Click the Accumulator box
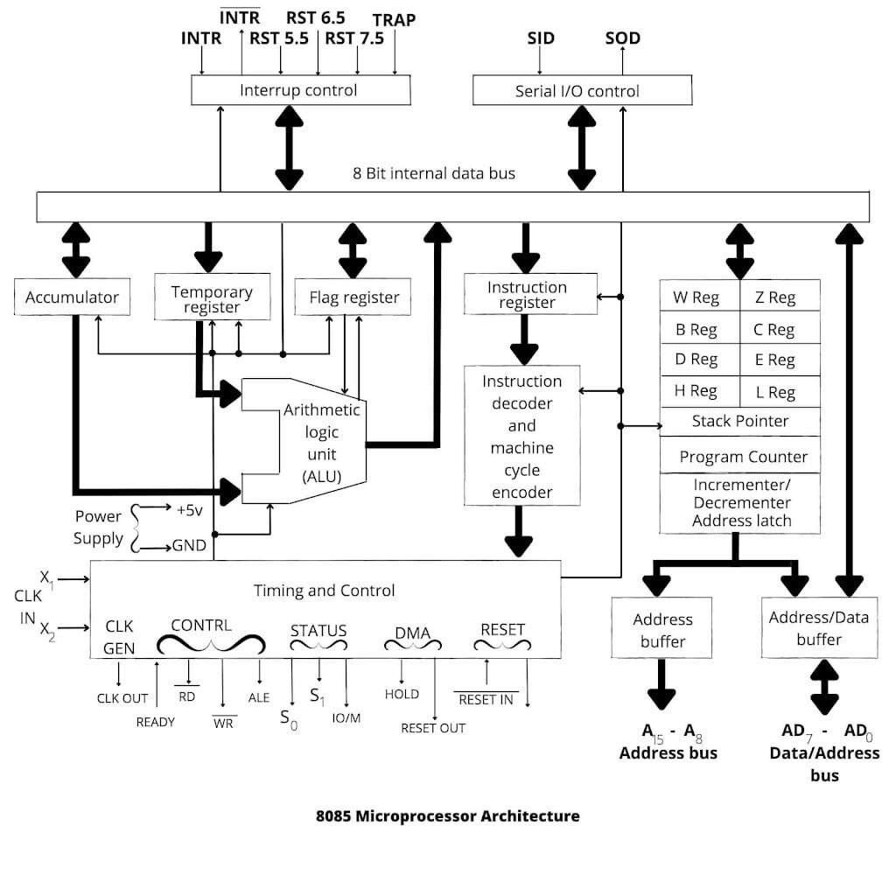72,297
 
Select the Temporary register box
211,298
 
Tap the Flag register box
353,297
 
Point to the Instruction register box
527,295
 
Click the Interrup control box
299,90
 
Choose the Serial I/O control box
577,91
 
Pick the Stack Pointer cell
739,421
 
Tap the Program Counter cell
743,457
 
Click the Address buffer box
662,630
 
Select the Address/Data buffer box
819,628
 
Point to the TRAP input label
394,19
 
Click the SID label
540,38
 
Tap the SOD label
622,38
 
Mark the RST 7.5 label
353,38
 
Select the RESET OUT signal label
433,728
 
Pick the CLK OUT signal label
122,698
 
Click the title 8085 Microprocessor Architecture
447,815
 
